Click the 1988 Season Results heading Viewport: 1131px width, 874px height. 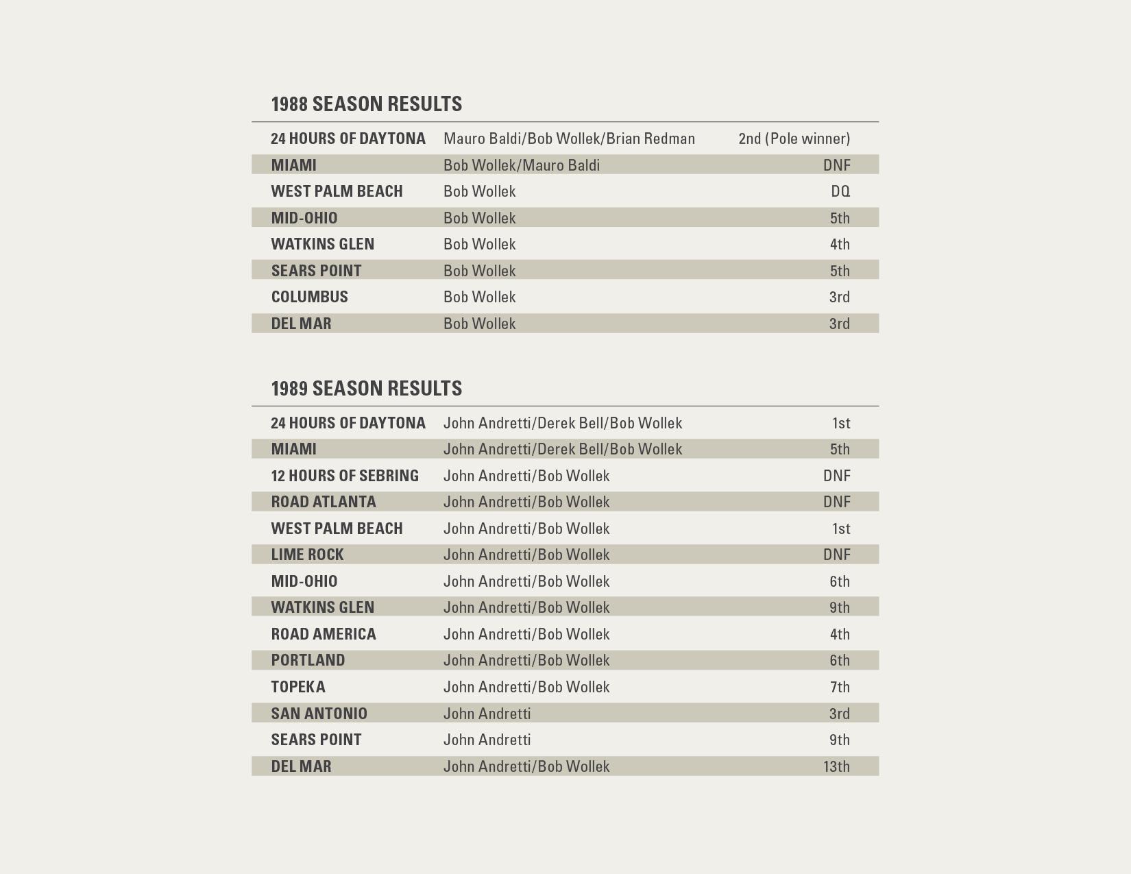tap(366, 104)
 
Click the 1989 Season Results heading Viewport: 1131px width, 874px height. tap(366, 389)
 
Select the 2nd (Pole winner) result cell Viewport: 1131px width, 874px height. tap(794, 138)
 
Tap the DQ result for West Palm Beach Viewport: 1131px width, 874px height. tap(840, 191)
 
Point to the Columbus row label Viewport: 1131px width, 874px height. tap(309, 297)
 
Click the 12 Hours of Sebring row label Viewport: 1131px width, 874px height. tap(344, 476)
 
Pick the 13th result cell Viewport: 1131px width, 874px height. tap(836, 766)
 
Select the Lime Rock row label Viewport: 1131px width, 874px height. tap(307, 555)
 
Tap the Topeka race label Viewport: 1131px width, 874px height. tap(297, 687)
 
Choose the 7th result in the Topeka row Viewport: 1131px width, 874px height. tap(839, 687)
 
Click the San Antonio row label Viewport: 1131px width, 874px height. tap(319, 714)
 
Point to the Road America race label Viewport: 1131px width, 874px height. tap(323, 634)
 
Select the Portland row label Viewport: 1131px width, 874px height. tap(308, 660)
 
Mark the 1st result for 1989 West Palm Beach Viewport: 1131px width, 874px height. tap(840, 529)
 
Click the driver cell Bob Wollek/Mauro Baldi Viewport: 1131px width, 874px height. tap(521, 165)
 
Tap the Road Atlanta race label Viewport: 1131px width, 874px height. tap(323, 502)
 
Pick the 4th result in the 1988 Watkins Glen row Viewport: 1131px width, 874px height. tap(839, 244)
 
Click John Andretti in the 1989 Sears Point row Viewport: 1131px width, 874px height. tap(487, 740)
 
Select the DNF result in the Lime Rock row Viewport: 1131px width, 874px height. tap(836, 555)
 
